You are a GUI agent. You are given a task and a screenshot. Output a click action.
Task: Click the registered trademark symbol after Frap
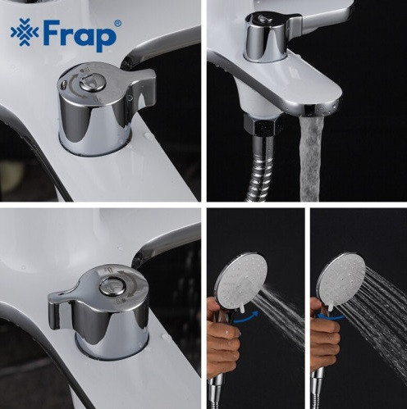117,24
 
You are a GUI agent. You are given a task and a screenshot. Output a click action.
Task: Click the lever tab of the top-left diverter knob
142,88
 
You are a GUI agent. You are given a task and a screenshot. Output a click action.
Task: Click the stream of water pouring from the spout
309,158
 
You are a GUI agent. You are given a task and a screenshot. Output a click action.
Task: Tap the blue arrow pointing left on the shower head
331,317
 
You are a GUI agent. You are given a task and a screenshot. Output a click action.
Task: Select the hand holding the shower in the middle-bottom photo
223,336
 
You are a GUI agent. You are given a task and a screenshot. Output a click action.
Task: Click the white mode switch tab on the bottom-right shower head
331,307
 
